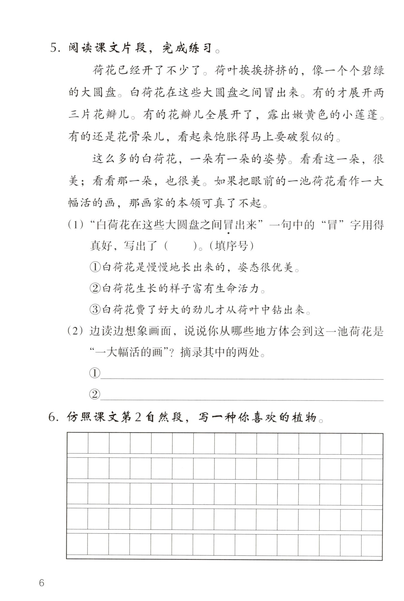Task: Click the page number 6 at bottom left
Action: click(x=42, y=583)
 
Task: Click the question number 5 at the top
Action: click(x=54, y=48)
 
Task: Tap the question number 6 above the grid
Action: click(x=52, y=417)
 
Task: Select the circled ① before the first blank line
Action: click(x=95, y=373)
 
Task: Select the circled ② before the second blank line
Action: click(x=95, y=394)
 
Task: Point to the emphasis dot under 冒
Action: click(x=228, y=233)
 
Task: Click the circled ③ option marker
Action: click(x=95, y=310)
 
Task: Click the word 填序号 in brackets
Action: click(x=231, y=246)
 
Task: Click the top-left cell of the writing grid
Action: click(x=77, y=444)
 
